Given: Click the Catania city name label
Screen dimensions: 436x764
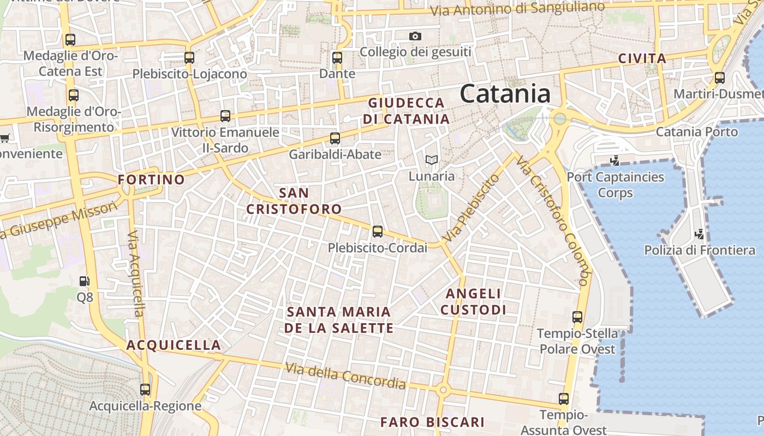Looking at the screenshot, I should coord(505,94).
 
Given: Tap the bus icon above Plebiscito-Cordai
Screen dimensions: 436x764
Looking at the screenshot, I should coord(377,232).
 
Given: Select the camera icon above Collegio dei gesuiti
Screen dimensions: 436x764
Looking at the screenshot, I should coord(415,37).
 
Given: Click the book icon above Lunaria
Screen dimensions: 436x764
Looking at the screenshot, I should coord(431,160).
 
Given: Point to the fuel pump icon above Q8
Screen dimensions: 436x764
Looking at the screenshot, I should coord(85,281).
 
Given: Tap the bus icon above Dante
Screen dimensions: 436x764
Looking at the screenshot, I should coord(337,57).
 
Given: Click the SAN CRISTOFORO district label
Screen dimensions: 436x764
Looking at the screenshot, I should coord(294,201).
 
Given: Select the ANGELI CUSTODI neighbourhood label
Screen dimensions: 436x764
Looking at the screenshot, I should coord(473,302).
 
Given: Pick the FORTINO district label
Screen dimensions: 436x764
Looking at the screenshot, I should coord(152,179).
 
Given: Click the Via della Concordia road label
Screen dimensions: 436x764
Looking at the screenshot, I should coord(345,376).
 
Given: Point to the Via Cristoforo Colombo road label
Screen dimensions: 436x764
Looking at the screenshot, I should coord(553,221).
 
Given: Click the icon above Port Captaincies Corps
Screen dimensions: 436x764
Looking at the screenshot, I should coord(615,161).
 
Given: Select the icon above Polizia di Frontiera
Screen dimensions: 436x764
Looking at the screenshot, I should coord(699,234).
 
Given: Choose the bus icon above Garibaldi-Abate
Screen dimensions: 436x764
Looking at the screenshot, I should coord(335,138).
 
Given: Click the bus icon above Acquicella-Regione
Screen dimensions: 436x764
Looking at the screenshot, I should coord(145,390).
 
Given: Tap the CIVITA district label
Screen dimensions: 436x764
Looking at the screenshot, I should coord(642,59).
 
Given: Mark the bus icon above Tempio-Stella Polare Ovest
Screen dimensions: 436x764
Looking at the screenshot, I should coord(577,317).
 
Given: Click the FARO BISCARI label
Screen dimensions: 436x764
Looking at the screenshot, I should coord(432,422).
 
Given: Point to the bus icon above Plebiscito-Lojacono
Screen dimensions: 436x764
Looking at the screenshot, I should coord(189,57).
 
